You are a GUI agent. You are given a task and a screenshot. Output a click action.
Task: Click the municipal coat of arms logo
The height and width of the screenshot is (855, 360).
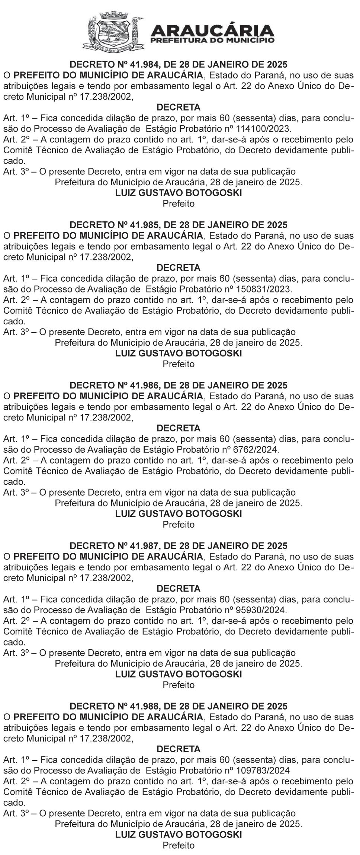[x=113, y=31]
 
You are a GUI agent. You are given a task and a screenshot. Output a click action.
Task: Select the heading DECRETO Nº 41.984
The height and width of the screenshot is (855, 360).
[x=179, y=64]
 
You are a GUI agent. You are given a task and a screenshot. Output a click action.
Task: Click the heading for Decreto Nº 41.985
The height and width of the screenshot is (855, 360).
[x=179, y=225]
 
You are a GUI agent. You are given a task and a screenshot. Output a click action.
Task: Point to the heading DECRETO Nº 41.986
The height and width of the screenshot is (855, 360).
[x=179, y=385]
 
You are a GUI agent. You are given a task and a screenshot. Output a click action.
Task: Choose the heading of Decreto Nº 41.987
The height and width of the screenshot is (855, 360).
[x=179, y=546]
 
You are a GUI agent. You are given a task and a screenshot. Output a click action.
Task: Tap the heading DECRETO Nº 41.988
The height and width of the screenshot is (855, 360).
[x=179, y=706]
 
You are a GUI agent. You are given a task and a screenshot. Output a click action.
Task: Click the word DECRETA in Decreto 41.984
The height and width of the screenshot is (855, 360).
[x=179, y=108]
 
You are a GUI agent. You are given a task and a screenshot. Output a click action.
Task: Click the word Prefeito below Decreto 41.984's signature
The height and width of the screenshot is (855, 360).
[x=179, y=204]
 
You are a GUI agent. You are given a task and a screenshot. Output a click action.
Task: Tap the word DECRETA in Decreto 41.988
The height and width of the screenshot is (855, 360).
[x=179, y=749]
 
